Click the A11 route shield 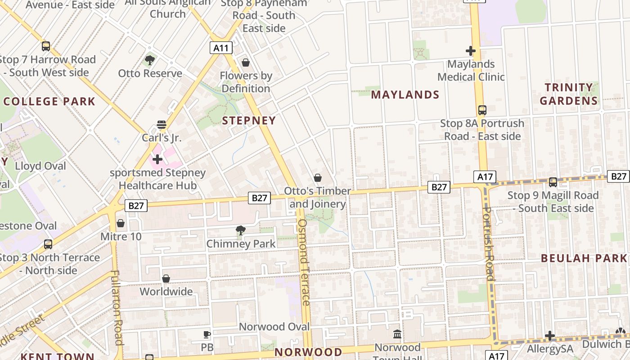tap(221, 48)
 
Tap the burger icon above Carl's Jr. tap(162, 124)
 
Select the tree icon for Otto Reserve tap(150, 60)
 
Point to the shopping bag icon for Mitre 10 tap(121, 223)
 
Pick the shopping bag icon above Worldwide tap(166, 279)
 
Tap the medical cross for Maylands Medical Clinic tap(471, 51)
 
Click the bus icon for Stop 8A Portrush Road tap(482, 110)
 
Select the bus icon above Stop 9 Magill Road tap(553, 182)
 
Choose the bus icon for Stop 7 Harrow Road tap(46, 46)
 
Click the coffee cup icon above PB tap(207, 334)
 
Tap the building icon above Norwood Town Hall tap(397, 334)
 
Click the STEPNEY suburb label tap(249, 121)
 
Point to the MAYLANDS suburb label tap(405, 94)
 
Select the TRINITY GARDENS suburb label tap(569, 94)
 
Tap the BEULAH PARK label tap(584, 258)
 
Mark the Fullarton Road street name tap(116, 307)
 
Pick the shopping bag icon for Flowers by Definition tap(246, 62)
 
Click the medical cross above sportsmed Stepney tap(157, 159)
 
